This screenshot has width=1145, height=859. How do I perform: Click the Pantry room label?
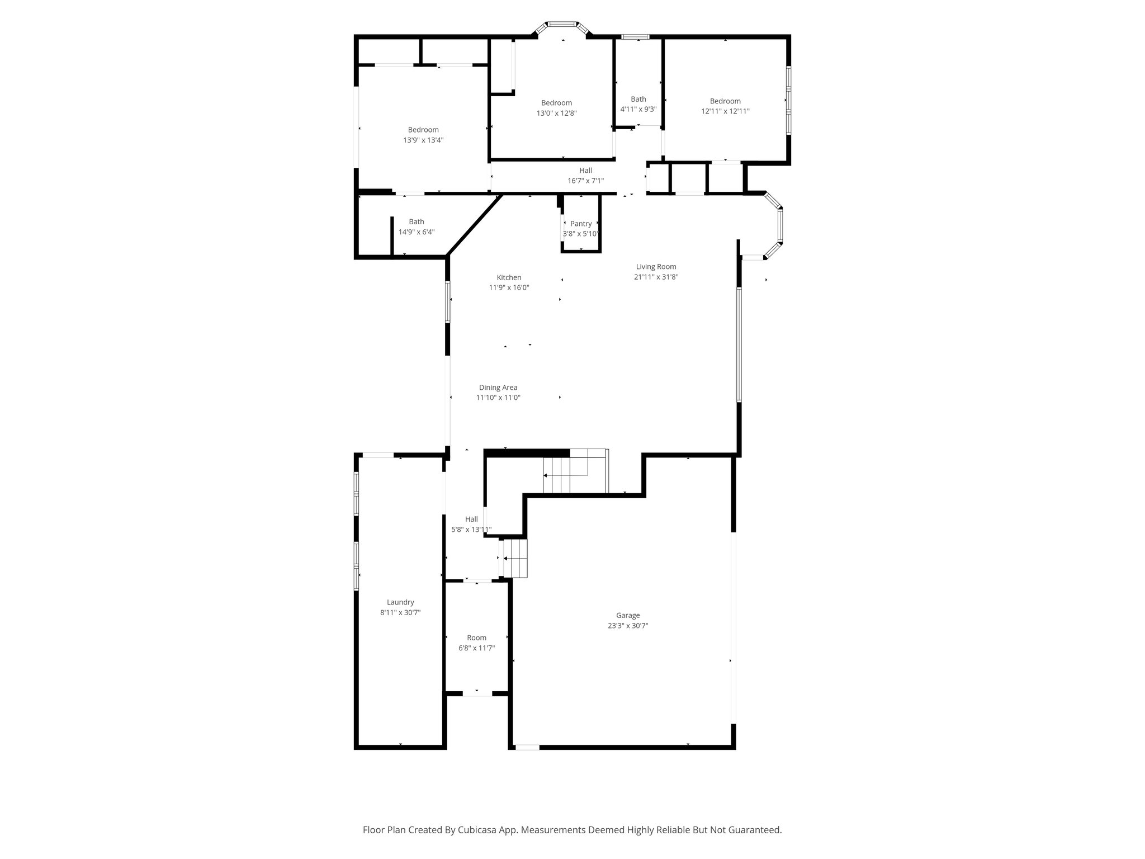[x=581, y=224]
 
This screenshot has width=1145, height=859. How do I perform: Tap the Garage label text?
[x=628, y=615]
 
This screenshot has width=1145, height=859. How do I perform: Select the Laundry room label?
[x=400, y=602]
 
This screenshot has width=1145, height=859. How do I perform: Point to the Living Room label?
[x=656, y=267]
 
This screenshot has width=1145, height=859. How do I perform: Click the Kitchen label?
[x=509, y=277]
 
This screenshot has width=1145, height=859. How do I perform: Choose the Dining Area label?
[x=498, y=387]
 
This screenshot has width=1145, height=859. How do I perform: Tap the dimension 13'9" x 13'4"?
[x=423, y=140]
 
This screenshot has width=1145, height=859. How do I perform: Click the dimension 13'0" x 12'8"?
[x=556, y=113]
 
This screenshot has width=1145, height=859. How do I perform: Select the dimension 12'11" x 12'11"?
[x=725, y=111]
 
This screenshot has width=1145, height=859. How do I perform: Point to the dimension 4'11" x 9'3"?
[x=638, y=110]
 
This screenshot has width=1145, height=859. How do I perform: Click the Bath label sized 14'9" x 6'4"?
[x=417, y=221]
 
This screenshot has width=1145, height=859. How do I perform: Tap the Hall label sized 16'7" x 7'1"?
[x=585, y=171]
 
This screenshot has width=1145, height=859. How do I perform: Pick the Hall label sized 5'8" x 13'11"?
[x=471, y=519]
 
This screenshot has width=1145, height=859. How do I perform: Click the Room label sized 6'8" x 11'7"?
[x=476, y=638]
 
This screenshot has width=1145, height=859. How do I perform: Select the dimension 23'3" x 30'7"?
[x=628, y=626]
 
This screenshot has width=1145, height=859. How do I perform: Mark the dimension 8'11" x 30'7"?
[x=400, y=612]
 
